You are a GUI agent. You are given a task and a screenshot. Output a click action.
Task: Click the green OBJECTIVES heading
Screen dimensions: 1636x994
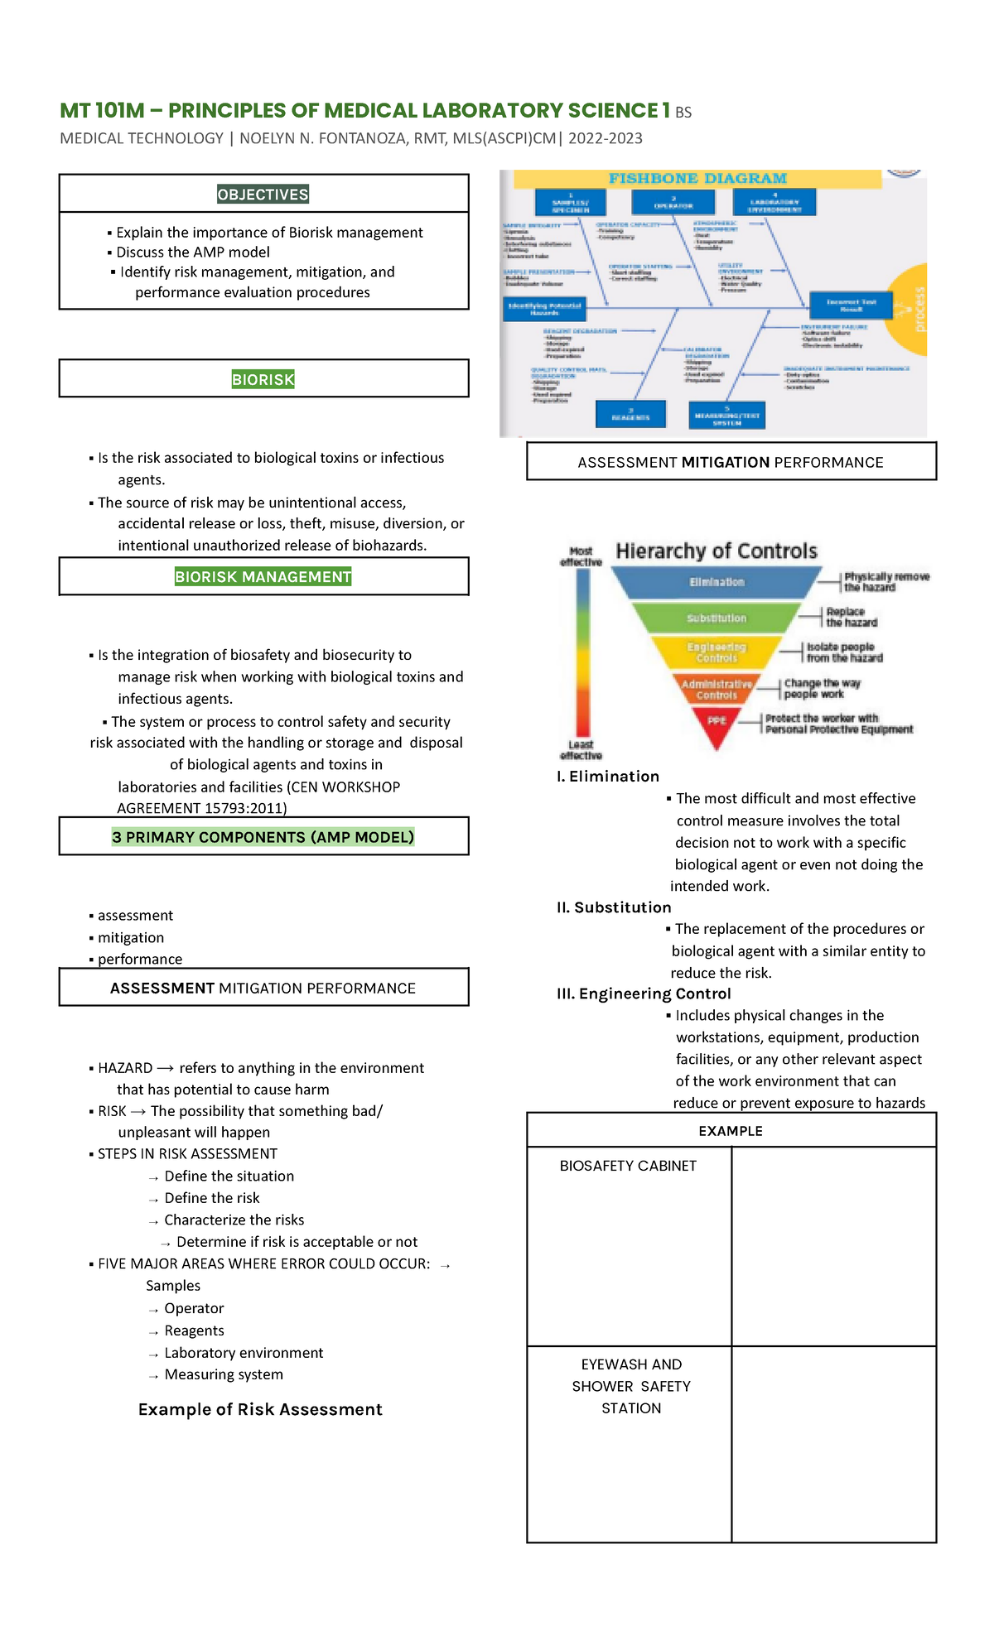click(263, 195)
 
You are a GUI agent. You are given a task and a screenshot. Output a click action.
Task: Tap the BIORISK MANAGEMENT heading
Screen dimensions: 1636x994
click(263, 577)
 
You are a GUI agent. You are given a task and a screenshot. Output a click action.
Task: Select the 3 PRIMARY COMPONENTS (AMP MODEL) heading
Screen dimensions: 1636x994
click(263, 837)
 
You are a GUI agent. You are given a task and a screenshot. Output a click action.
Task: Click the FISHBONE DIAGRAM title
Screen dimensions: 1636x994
click(697, 179)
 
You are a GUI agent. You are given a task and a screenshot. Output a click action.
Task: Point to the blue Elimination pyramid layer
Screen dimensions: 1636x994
click(717, 582)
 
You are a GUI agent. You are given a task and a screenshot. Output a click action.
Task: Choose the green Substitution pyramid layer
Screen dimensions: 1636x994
click(717, 618)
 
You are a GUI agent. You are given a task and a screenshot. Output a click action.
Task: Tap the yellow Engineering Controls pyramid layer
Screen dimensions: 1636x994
click(717, 652)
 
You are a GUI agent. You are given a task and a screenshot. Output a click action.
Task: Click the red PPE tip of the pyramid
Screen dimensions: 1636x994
click(717, 721)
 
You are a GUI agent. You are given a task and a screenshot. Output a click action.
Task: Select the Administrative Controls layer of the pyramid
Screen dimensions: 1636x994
click(717, 690)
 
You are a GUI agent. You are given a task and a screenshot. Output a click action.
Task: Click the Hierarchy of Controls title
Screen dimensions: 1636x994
click(717, 551)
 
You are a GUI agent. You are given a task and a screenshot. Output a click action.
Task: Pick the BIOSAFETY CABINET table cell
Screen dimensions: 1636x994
click(628, 1166)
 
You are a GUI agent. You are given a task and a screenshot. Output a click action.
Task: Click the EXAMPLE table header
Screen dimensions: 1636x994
click(731, 1131)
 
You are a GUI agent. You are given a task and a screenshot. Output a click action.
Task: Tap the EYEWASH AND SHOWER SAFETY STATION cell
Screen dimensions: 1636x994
click(631, 1386)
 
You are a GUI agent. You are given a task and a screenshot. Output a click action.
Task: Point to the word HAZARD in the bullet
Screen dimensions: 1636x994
click(125, 1068)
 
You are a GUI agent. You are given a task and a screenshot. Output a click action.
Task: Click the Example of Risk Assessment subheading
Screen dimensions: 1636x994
click(260, 1409)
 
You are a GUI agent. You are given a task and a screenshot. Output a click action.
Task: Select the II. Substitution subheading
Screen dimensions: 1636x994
click(614, 907)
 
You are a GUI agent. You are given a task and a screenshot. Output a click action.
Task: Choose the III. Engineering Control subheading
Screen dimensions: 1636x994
click(644, 994)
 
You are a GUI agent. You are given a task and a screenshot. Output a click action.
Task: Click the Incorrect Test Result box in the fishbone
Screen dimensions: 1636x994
click(851, 306)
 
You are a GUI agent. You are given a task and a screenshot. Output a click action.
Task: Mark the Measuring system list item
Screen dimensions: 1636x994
click(224, 1374)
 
